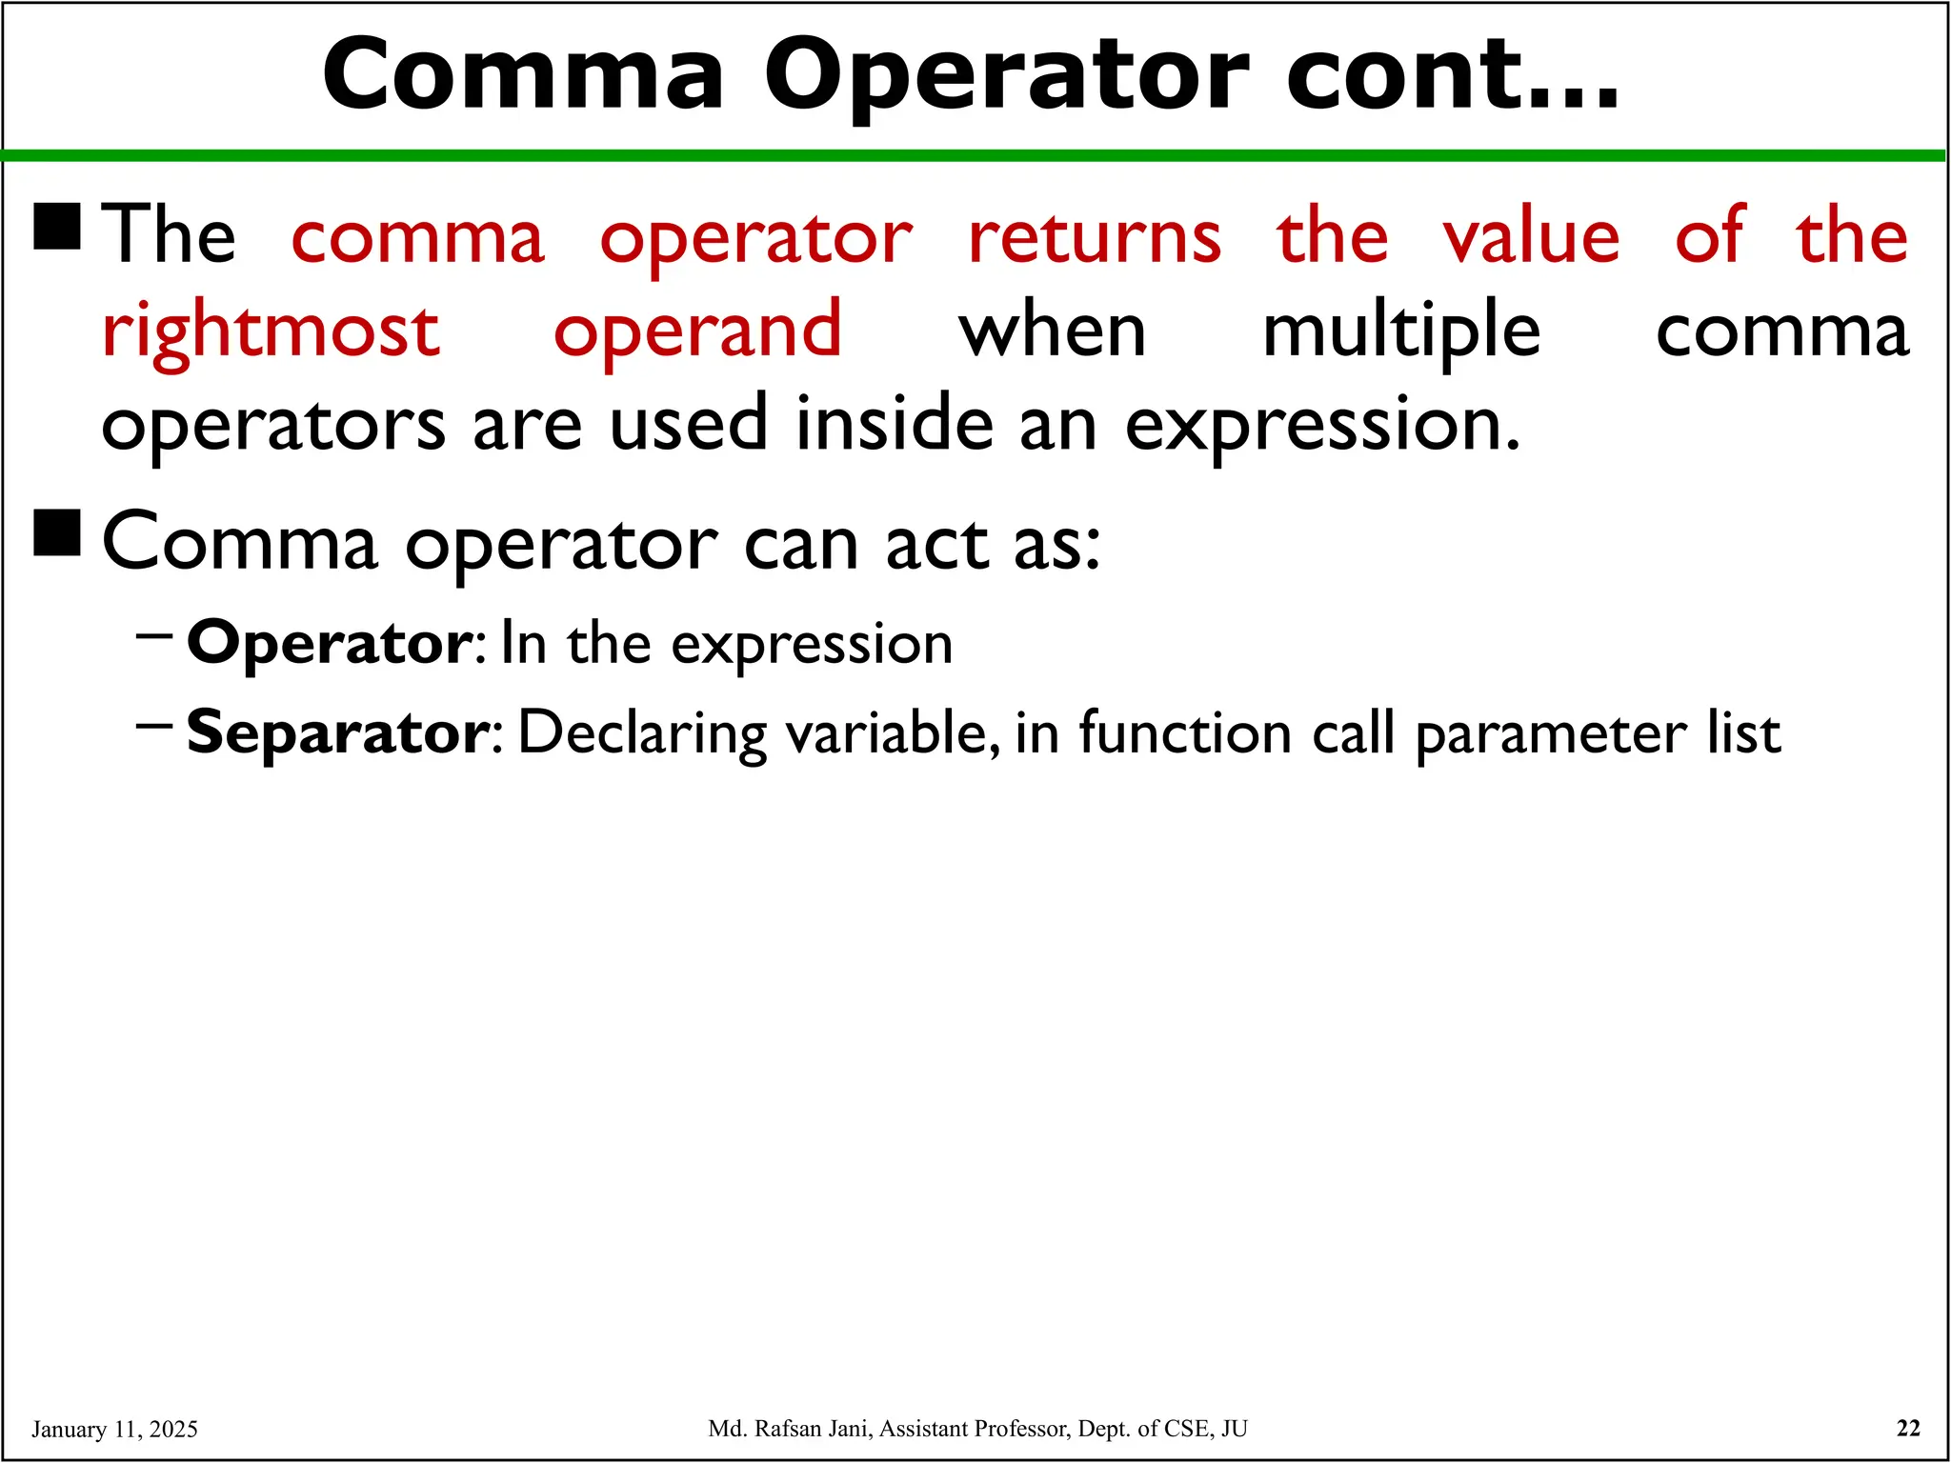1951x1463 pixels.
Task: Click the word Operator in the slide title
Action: point(1006,76)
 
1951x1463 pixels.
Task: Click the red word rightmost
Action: point(271,331)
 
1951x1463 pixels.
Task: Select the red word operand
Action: point(697,331)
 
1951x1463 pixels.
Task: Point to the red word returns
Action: point(1094,238)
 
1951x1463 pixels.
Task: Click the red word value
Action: point(1530,238)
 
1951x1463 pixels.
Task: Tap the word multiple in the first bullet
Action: point(1400,331)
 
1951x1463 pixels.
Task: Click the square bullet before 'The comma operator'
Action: point(57,227)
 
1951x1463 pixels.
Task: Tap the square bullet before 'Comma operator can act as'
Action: point(57,532)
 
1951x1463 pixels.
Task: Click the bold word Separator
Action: point(337,732)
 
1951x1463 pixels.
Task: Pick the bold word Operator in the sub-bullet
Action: point(328,643)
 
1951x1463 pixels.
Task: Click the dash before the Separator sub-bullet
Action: point(153,727)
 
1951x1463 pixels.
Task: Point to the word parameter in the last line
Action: point(1550,734)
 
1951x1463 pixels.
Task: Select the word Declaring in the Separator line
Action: point(642,734)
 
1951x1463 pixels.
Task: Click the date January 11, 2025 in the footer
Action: point(114,1429)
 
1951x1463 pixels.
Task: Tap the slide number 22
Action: point(1908,1428)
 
